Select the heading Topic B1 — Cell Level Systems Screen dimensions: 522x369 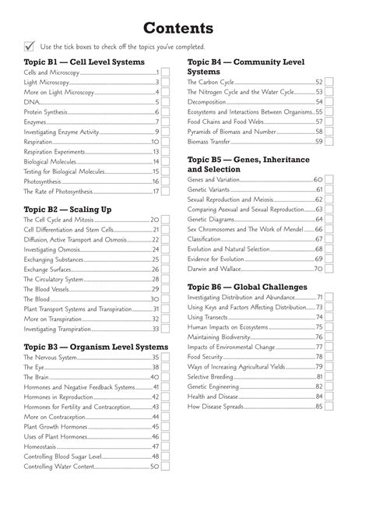(84, 61)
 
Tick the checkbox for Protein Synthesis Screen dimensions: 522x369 (166, 111)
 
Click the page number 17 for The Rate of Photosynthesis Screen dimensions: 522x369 (155, 191)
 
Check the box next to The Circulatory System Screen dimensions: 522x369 (166, 279)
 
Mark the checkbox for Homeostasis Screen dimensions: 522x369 (166, 446)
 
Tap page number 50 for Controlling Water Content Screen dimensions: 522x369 (154, 467)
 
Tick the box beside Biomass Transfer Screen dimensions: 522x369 (329, 142)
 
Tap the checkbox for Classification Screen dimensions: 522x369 (329, 239)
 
